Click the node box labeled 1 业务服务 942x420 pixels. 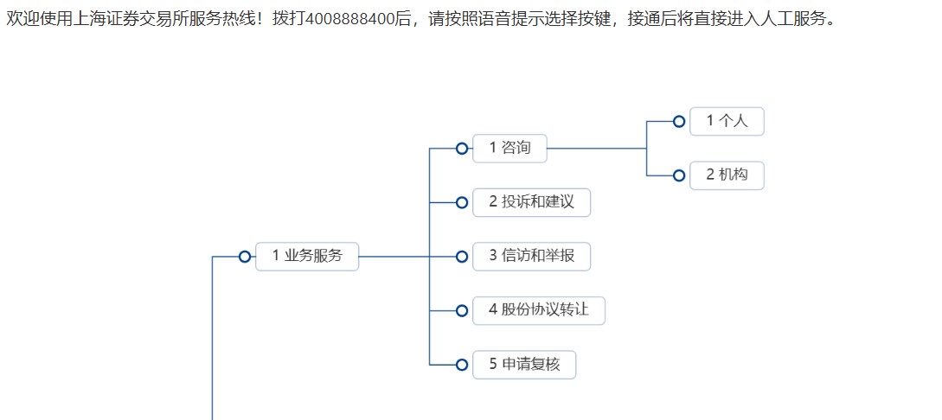coord(307,256)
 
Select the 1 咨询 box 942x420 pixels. coord(509,148)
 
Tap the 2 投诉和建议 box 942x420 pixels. coord(531,202)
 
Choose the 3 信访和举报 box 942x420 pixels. coord(531,256)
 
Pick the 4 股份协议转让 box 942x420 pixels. coord(538,310)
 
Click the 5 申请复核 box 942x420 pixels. coord(524,364)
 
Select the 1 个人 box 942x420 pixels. coord(727,121)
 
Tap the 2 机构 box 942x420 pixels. coord(727,175)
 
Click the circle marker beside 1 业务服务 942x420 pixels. coord(245,257)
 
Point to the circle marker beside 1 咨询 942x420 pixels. coord(462,149)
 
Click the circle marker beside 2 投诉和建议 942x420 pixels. coord(462,202)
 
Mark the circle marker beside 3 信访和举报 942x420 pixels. coord(462,257)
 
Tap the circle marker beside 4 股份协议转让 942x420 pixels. coord(462,310)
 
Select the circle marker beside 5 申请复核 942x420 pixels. coord(462,365)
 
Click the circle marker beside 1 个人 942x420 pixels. coord(679,122)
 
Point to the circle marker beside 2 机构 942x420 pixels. coord(679,175)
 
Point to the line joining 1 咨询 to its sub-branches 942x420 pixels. coord(597,149)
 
